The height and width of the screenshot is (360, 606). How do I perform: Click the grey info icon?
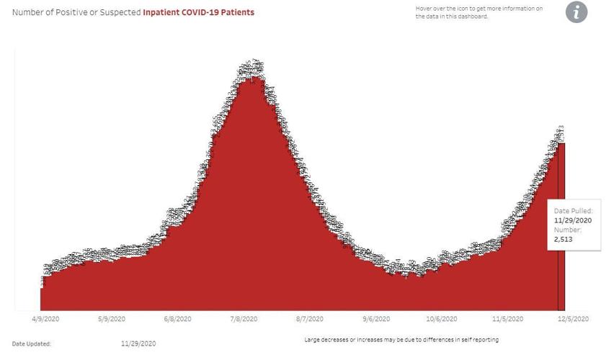click(576, 12)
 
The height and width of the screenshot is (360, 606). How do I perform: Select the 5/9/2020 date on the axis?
click(111, 319)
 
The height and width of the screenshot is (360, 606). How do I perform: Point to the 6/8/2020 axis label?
click(177, 319)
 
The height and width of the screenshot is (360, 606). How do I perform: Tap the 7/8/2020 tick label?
click(244, 319)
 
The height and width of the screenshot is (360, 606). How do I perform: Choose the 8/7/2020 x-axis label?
click(311, 319)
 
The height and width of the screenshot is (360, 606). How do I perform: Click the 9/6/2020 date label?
click(376, 319)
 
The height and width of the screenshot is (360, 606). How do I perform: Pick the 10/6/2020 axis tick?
click(442, 319)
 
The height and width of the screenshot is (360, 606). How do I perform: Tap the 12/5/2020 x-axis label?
click(574, 319)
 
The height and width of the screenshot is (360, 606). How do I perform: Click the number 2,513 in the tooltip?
click(563, 239)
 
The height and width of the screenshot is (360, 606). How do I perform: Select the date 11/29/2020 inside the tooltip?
click(572, 220)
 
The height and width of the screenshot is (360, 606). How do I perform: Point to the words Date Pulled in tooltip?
click(572, 211)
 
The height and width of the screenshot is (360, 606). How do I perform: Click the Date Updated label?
click(32, 344)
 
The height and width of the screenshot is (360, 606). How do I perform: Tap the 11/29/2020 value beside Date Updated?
click(138, 344)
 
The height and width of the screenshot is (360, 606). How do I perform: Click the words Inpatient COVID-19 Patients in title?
click(198, 12)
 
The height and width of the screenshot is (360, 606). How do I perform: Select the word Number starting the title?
click(27, 12)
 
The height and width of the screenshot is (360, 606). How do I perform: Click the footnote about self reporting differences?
click(401, 339)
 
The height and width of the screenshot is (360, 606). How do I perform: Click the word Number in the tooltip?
click(566, 230)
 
